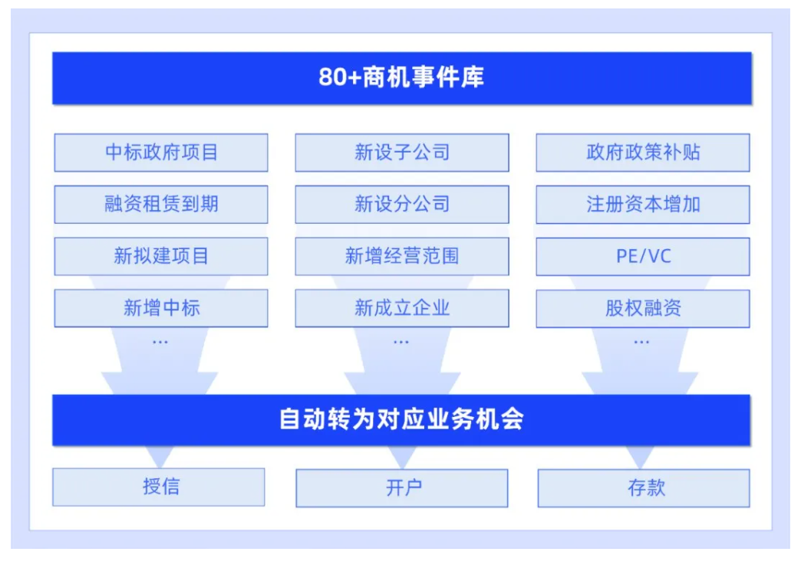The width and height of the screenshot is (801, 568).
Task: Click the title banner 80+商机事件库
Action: pyautogui.click(x=401, y=78)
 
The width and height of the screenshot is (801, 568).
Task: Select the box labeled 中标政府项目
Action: pyautogui.click(x=161, y=153)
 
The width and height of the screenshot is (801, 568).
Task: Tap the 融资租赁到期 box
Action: pyautogui.click(x=161, y=204)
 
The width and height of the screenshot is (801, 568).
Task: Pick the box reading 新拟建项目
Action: pyautogui.click(x=161, y=256)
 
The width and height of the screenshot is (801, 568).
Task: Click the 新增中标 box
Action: pyautogui.click(x=161, y=308)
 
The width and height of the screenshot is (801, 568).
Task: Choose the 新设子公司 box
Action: pyautogui.click(x=402, y=153)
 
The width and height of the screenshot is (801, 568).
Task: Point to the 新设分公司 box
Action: pyautogui.click(x=402, y=204)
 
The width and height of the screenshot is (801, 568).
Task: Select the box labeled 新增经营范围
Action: pyautogui.click(x=402, y=256)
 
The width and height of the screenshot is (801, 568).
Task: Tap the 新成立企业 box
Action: pyautogui.click(x=402, y=308)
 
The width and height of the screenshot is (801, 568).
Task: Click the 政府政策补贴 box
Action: pyautogui.click(x=643, y=153)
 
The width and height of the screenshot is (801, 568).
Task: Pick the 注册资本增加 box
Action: pyautogui.click(x=643, y=204)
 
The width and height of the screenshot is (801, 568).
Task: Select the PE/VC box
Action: pyautogui.click(x=643, y=256)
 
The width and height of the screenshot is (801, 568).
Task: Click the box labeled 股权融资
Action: pyautogui.click(x=643, y=308)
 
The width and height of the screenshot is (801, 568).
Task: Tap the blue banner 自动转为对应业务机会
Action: pyautogui.click(x=401, y=420)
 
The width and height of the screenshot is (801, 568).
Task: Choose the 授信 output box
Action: pyautogui.click(x=159, y=487)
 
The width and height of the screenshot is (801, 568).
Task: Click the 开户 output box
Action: pyautogui.click(x=402, y=488)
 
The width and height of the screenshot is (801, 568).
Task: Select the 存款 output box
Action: pyautogui.click(x=644, y=488)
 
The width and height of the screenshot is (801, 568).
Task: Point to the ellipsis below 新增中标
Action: pyautogui.click(x=160, y=342)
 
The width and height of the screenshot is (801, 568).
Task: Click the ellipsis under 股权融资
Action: pyautogui.click(x=641, y=342)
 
